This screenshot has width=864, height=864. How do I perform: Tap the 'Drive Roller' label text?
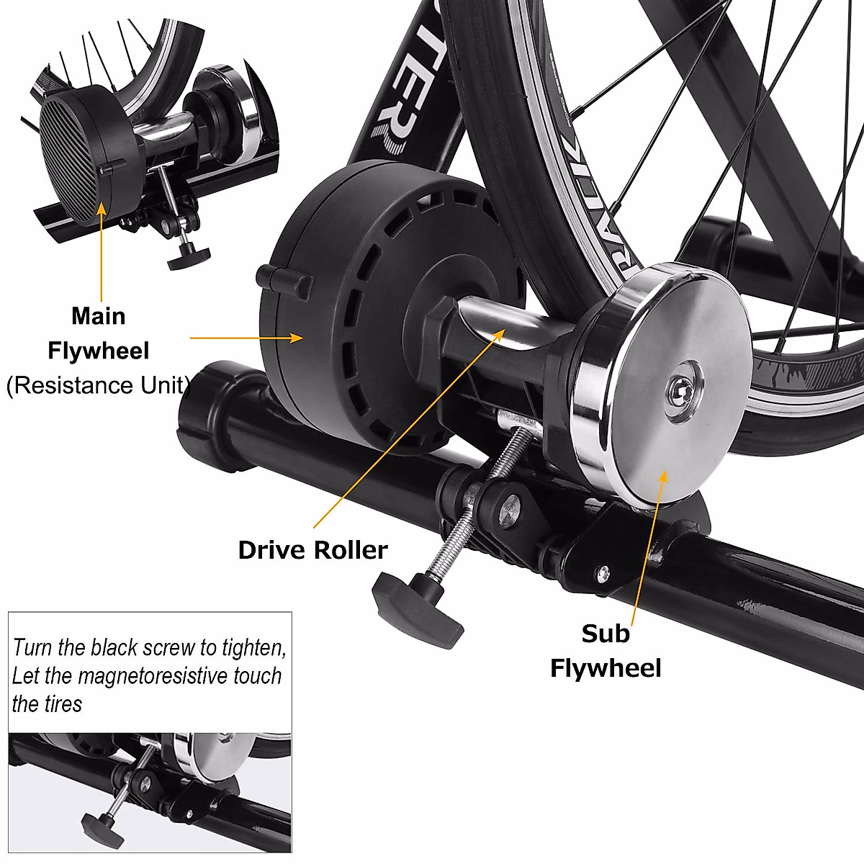[x=312, y=550]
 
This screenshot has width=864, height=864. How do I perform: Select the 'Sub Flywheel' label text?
[x=605, y=651]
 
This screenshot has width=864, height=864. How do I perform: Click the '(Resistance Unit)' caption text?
[x=98, y=385]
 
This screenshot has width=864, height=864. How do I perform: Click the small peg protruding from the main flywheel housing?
[x=285, y=281]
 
